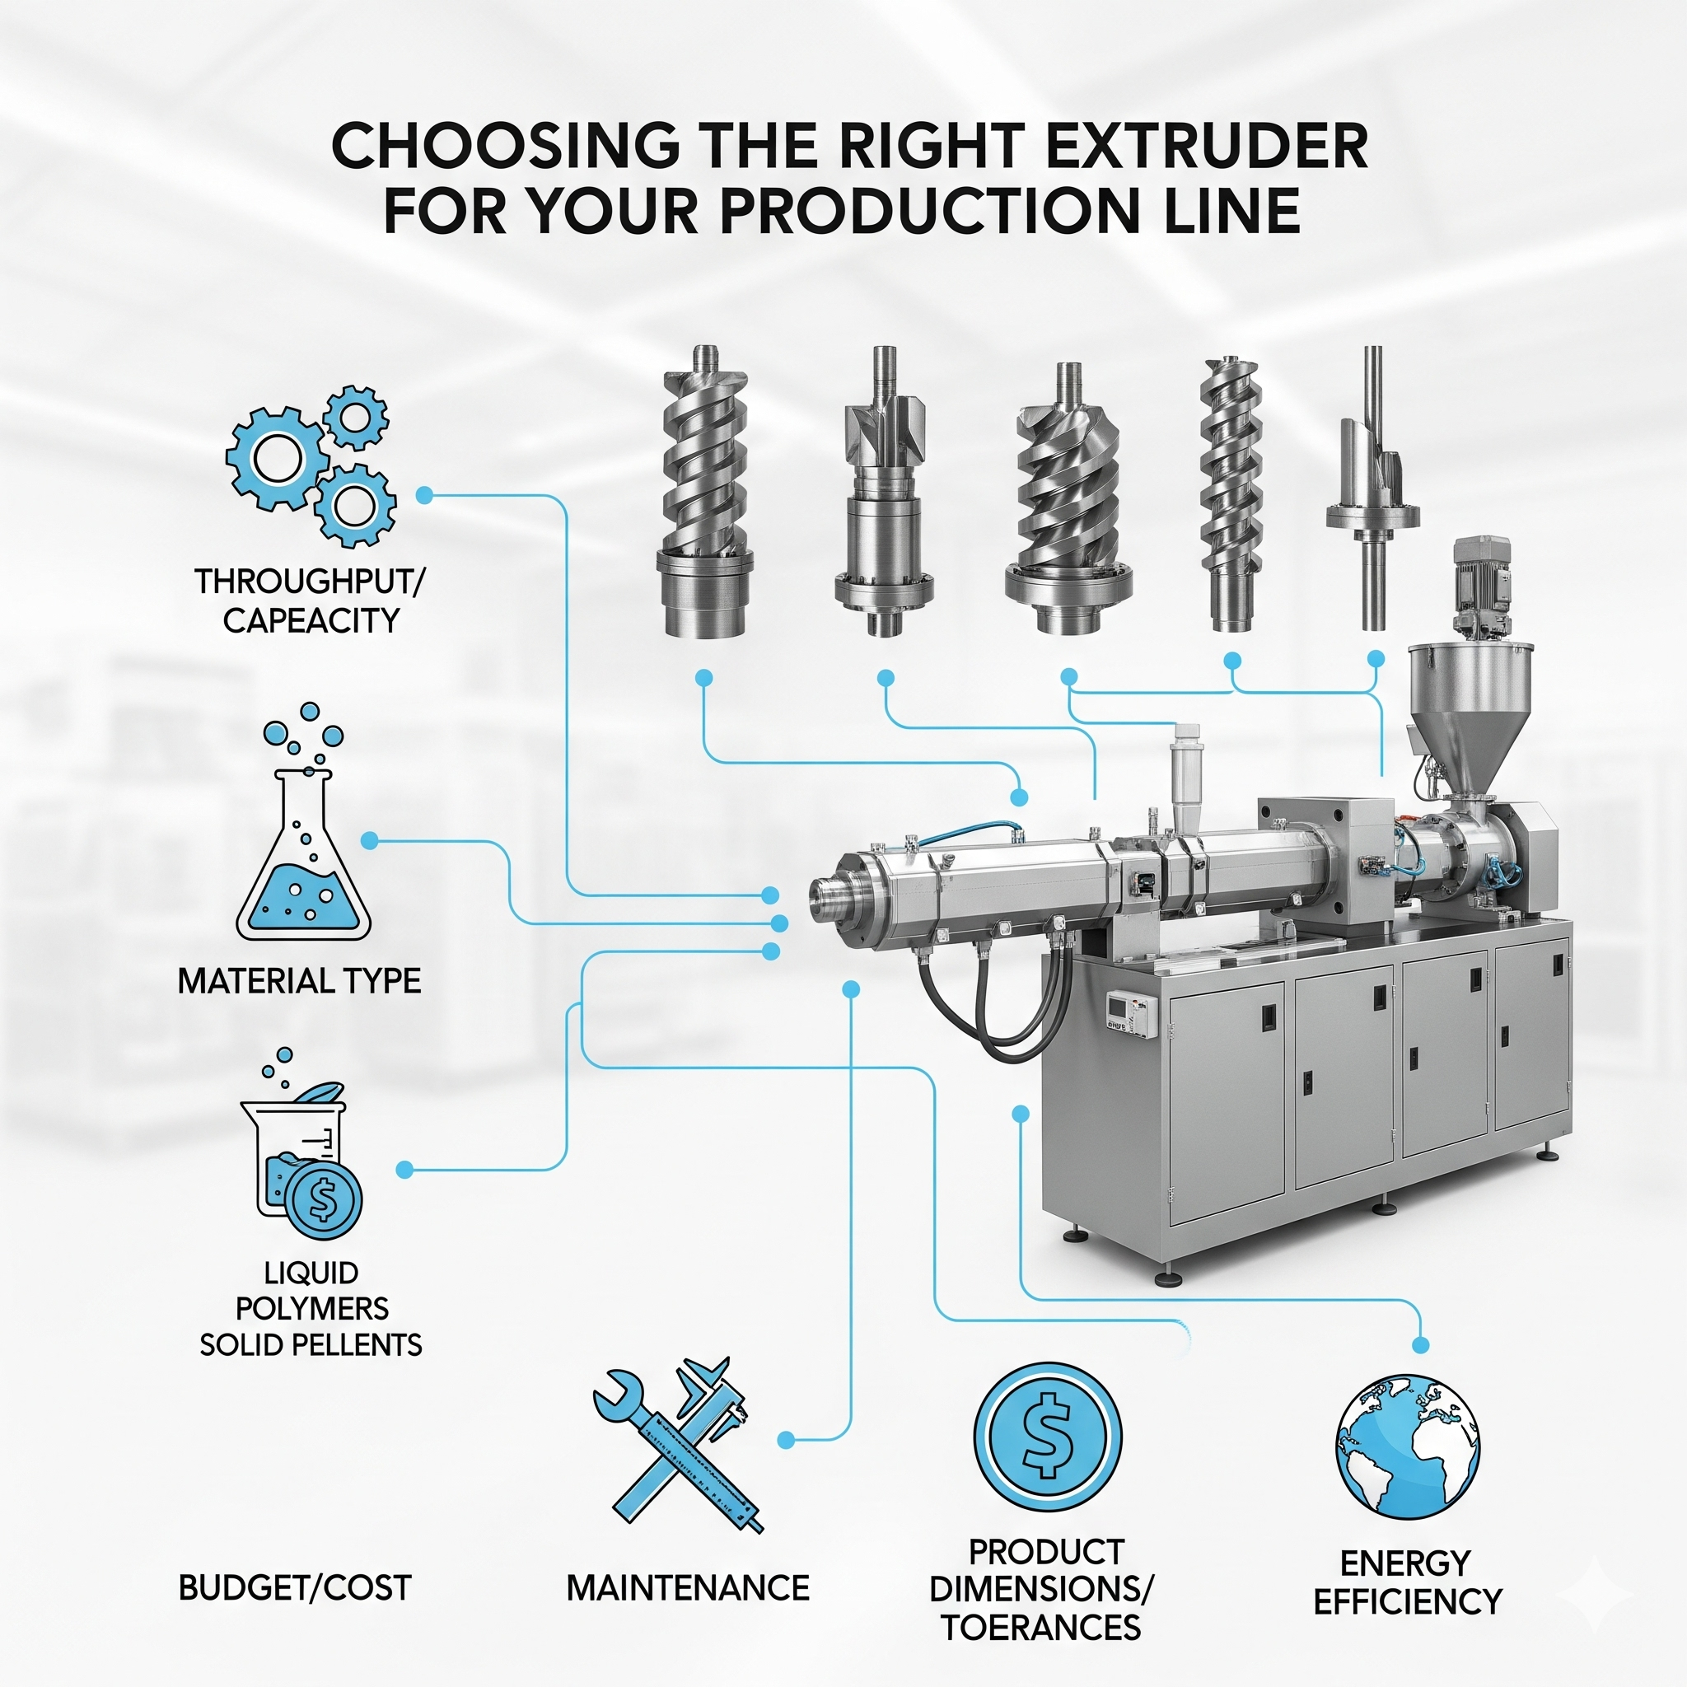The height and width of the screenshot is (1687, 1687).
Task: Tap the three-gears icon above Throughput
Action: (x=311, y=465)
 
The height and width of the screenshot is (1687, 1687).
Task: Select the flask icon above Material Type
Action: (x=303, y=820)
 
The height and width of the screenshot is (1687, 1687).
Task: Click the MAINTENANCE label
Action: (x=688, y=1587)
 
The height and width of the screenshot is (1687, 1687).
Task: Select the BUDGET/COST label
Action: (x=295, y=1587)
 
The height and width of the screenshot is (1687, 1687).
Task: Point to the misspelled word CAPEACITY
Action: (x=311, y=621)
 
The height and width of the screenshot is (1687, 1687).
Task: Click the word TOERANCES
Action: (x=1042, y=1628)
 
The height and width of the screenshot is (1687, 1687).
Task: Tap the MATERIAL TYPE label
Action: (x=300, y=981)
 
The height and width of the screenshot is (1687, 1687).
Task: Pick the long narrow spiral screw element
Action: (x=1231, y=493)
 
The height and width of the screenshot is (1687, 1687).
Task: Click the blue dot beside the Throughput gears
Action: (x=424, y=495)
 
